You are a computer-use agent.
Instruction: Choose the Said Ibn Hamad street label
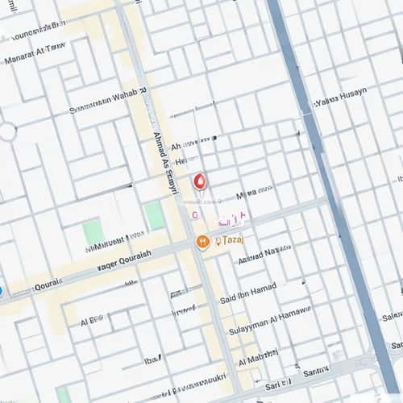click(247, 291)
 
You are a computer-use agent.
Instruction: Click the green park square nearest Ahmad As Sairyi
click(155, 216)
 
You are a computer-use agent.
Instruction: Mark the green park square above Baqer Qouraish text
click(93, 232)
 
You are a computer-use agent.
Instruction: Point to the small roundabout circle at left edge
click(7, 131)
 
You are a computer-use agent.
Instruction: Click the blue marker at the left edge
click(1, 290)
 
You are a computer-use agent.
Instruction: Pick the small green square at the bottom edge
click(62, 394)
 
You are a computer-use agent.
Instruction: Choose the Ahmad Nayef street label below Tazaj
click(264, 254)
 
